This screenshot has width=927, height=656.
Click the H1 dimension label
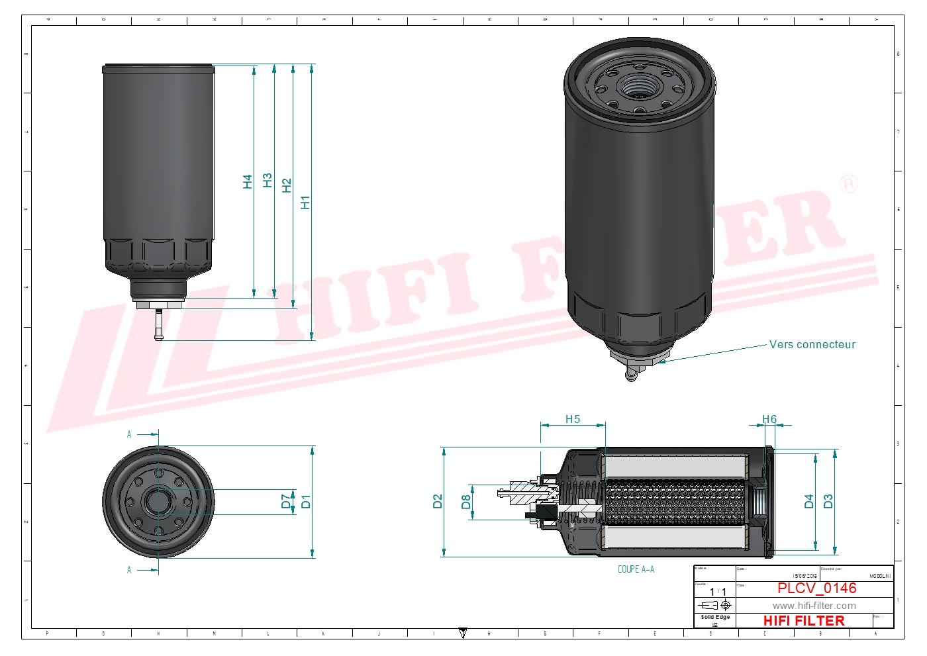pyautogui.click(x=305, y=203)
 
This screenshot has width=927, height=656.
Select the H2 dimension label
pyautogui.click(x=287, y=185)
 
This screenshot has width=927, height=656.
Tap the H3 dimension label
pyautogui.click(x=268, y=180)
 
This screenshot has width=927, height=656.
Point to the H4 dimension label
pyautogui.click(x=248, y=181)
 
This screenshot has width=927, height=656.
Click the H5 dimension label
pyautogui.click(x=573, y=419)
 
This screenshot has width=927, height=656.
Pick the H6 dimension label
pyautogui.click(x=769, y=419)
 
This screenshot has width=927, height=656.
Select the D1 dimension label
pyautogui.click(x=305, y=501)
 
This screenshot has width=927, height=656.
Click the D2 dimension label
pyautogui.click(x=438, y=501)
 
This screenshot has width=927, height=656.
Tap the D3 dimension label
pyautogui.click(x=828, y=501)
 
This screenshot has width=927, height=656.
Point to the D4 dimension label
pyautogui.click(x=809, y=501)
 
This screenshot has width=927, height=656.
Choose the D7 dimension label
pyautogui.click(x=287, y=501)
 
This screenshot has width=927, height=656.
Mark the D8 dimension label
pyautogui.click(x=466, y=502)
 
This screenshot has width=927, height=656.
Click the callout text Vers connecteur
pyautogui.click(x=812, y=344)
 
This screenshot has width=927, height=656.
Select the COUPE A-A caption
pyautogui.click(x=636, y=569)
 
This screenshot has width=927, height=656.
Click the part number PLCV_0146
pyautogui.click(x=816, y=588)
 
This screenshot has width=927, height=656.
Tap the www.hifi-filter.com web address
pyautogui.click(x=814, y=606)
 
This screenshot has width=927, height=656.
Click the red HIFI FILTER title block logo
pyautogui.click(x=804, y=621)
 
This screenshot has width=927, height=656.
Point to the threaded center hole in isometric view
pyautogui.click(x=640, y=86)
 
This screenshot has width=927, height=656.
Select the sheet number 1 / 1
pyautogui.click(x=718, y=592)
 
